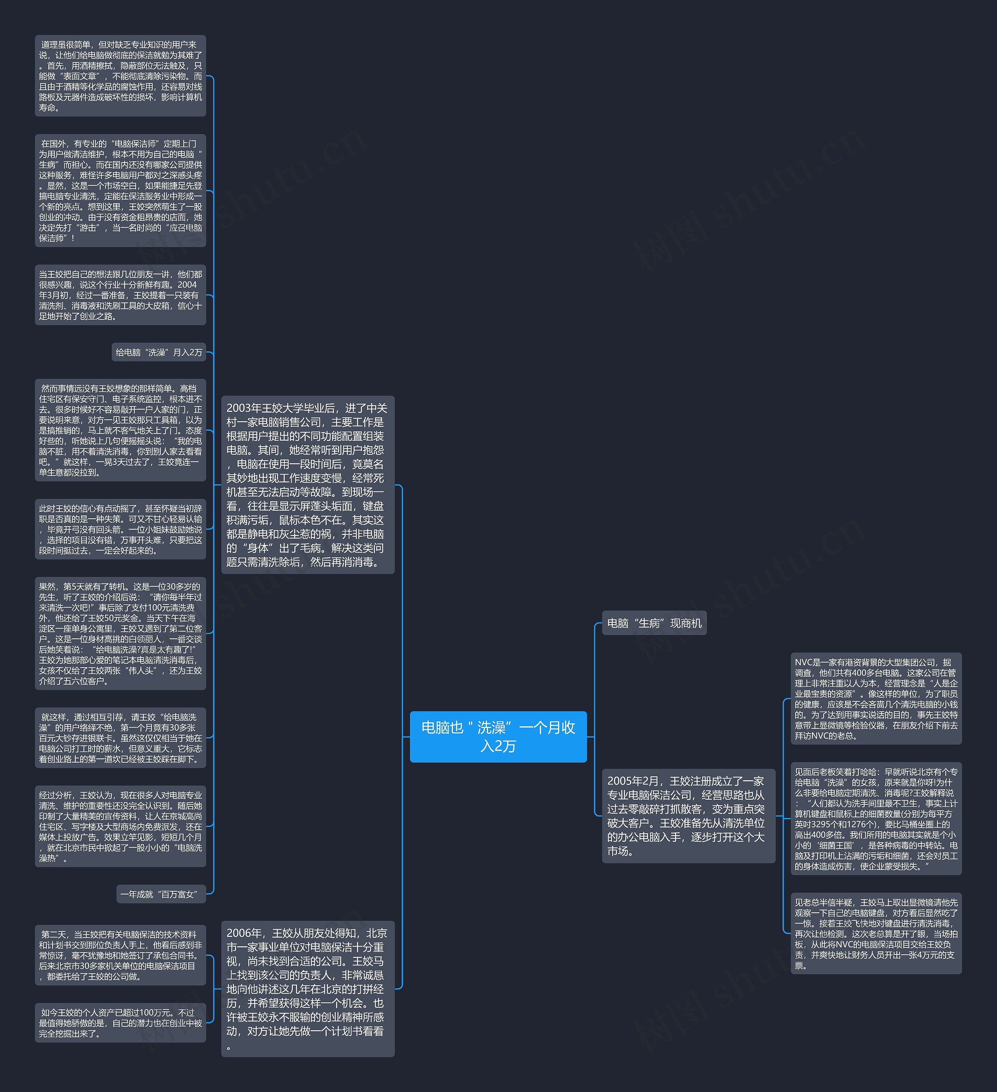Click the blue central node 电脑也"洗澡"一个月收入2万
coord(498,737)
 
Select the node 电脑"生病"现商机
coord(654,623)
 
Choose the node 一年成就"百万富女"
coord(161,894)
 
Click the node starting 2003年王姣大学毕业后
coord(307,485)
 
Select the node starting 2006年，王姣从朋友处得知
coord(307,989)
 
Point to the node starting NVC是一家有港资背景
coord(876,699)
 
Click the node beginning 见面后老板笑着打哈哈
coord(876,818)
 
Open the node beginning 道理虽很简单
coord(120,76)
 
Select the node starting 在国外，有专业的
coord(120,191)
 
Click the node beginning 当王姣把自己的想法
coord(120,295)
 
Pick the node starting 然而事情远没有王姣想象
coord(120,430)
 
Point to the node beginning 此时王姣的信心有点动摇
coord(120,529)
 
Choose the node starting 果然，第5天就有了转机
coord(120,633)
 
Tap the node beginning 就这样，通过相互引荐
coord(120,737)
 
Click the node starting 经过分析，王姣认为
coord(120,826)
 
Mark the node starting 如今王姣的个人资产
coord(120,1023)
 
